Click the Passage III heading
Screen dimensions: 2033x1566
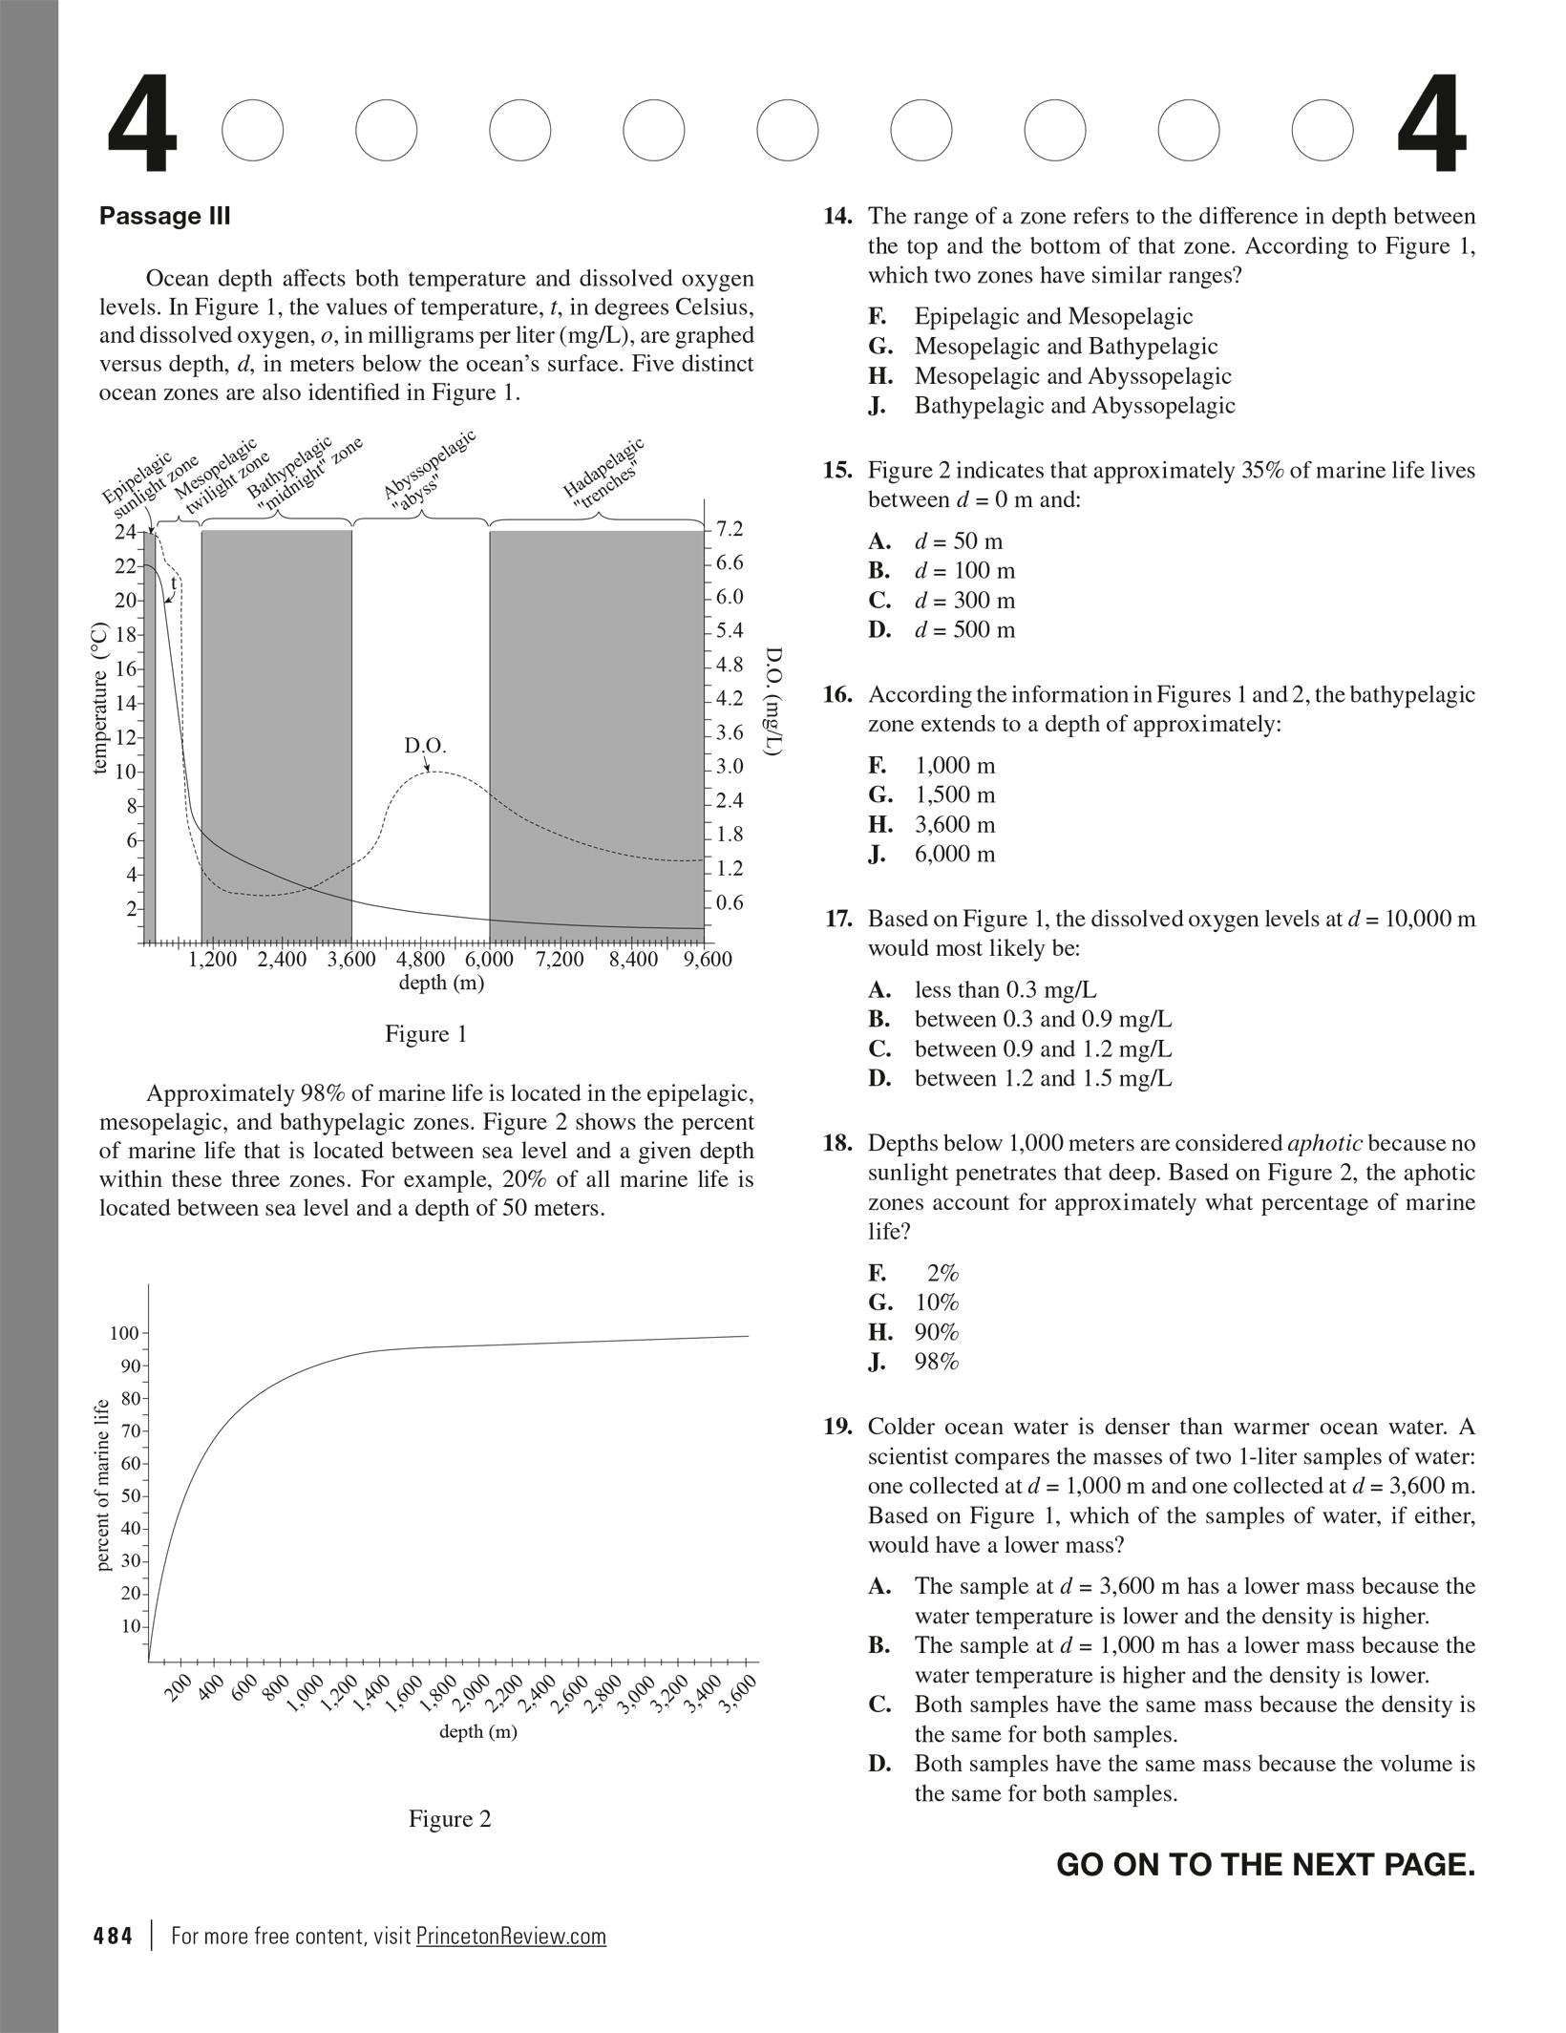point(164,216)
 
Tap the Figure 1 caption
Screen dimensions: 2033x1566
point(426,1034)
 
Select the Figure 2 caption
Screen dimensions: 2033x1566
point(450,1819)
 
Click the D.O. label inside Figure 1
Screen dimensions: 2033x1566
point(425,745)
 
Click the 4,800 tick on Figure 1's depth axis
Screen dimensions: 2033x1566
point(420,959)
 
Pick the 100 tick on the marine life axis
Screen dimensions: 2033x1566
point(124,1333)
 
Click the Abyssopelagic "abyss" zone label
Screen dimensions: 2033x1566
point(430,467)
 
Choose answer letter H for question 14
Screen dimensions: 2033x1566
point(878,376)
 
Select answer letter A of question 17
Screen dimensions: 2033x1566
point(879,990)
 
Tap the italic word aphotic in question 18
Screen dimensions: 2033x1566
point(1324,1144)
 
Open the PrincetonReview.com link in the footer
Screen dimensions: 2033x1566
point(511,1937)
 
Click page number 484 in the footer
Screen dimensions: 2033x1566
point(113,1937)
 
